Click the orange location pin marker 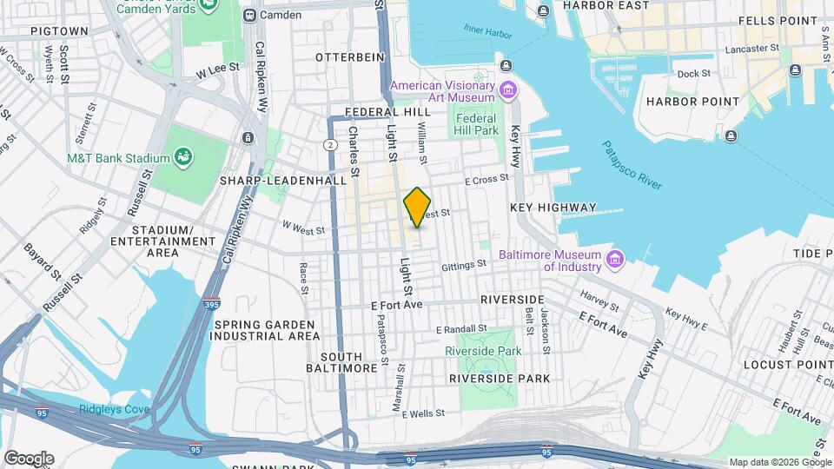click(418, 208)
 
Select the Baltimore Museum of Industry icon click(615, 259)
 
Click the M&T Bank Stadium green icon click(183, 157)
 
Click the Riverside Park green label click(482, 350)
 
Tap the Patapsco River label click(632, 165)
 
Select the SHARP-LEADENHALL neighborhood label click(278, 181)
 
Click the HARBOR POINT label click(692, 102)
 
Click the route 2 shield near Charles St click(330, 143)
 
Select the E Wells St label click(423, 413)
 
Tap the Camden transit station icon click(250, 15)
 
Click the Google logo click(29, 458)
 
